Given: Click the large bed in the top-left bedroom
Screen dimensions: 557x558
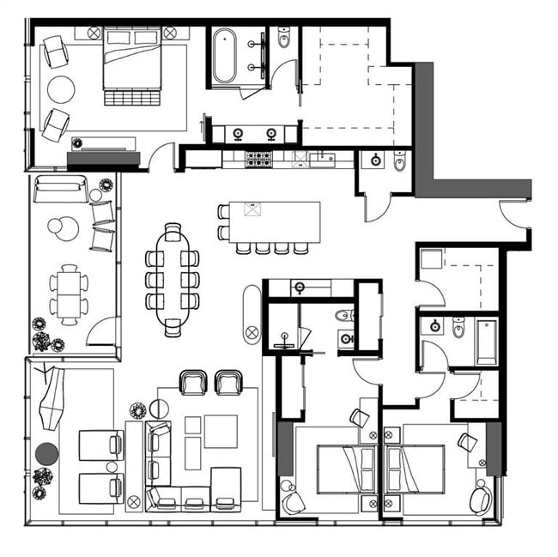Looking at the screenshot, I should (132, 59).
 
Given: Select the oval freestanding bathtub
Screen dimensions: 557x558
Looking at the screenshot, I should (225, 57).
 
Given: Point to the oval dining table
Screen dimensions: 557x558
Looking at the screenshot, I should (173, 279).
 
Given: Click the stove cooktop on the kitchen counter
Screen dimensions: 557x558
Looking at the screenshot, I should (258, 158).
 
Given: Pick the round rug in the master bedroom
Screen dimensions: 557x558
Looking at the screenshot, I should (61, 89).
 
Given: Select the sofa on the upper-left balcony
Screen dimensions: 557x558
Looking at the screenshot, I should (60, 189).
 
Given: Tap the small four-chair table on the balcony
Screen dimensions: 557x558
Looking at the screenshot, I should (68, 294).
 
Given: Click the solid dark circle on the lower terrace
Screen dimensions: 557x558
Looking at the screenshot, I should (46, 453).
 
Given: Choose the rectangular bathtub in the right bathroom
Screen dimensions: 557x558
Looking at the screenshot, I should (486, 341).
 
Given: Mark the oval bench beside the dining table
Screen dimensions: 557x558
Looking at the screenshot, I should (252, 314).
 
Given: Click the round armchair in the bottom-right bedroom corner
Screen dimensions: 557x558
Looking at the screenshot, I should (480, 498).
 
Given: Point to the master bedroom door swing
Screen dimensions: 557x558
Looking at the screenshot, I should (161, 156).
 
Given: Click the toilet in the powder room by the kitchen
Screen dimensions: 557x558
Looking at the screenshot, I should (399, 160).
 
